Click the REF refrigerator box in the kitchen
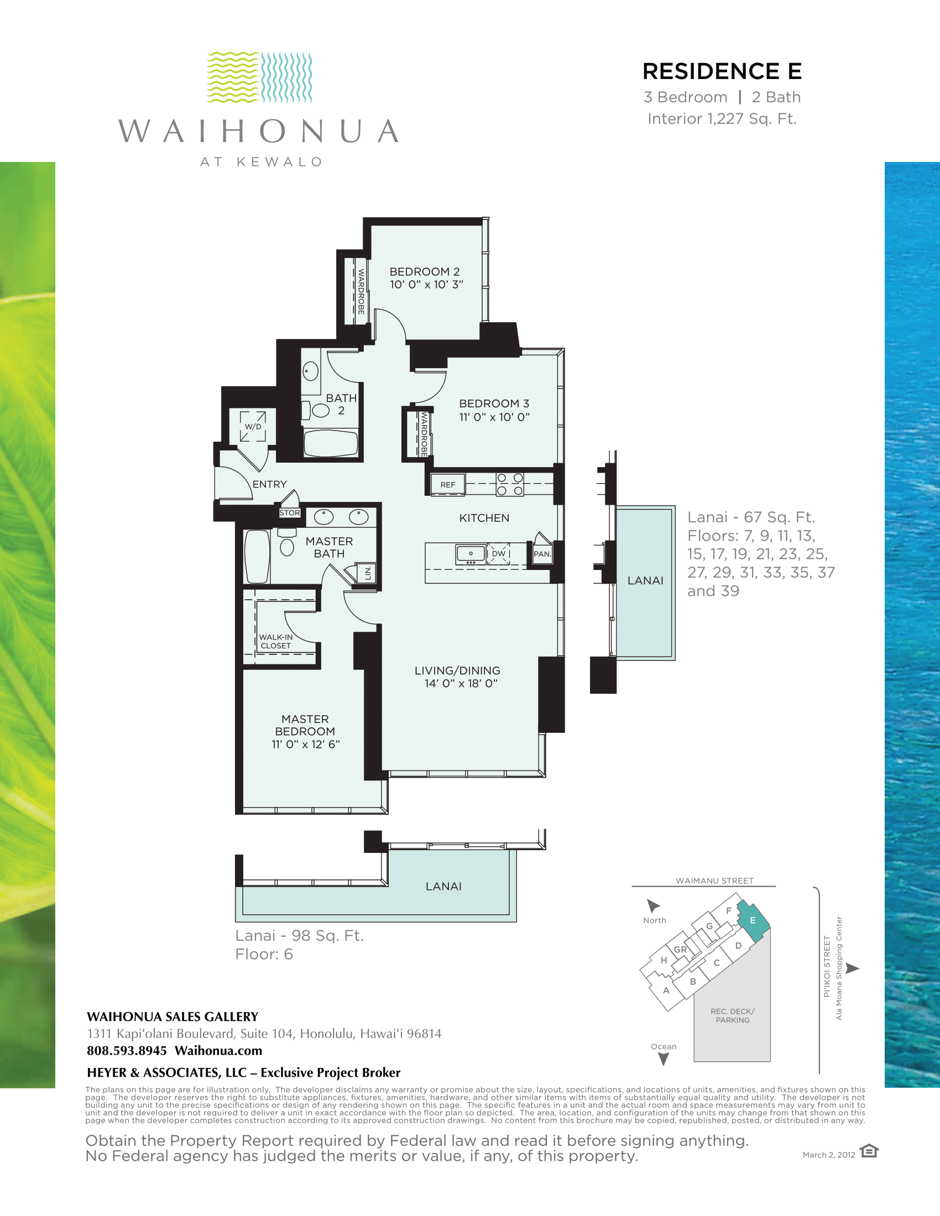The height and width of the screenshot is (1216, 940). pyautogui.click(x=448, y=484)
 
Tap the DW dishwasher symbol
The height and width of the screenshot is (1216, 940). pyautogui.click(x=498, y=554)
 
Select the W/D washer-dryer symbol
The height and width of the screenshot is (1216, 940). pyautogui.click(x=253, y=427)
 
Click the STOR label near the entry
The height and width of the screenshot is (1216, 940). pyautogui.click(x=290, y=513)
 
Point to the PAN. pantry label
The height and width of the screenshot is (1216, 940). pyautogui.click(x=542, y=554)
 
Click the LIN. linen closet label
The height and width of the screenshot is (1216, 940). pyautogui.click(x=368, y=573)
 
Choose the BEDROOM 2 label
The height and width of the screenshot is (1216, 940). pyautogui.click(x=424, y=272)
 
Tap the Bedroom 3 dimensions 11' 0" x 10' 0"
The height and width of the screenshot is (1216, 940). pyautogui.click(x=494, y=417)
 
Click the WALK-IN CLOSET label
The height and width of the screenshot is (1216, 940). pyautogui.click(x=276, y=641)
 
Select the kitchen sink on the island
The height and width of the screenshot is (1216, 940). pyautogui.click(x=471, y=554)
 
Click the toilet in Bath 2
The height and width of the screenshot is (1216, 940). pyautogui.click(x=316, y=410)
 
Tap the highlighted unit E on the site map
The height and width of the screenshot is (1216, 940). pyautogui.click(x=754, y=920)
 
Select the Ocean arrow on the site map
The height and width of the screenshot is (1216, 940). pyautogui.click(x=664, y=1060)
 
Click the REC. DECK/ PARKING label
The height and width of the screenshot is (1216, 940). pyautogui.click(x=733, y=1015)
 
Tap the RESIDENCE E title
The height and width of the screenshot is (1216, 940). pyautogui.click(x=722, y=71)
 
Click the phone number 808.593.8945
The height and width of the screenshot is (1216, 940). pyautogui.click(x=127, y=1051)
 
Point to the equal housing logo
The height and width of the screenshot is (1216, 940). pyautogui.click(x=869, y=1151)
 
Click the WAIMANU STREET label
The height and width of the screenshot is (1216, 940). pyautogui.click(x=714, y=881)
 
